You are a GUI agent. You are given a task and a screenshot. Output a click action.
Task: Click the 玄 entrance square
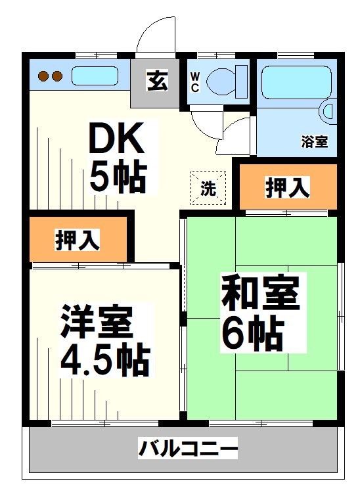[x=156, y=83]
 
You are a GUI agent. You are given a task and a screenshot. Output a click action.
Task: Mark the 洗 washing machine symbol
[x=208, y=189]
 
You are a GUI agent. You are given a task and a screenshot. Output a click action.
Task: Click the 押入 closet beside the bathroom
[x=287, y=188]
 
